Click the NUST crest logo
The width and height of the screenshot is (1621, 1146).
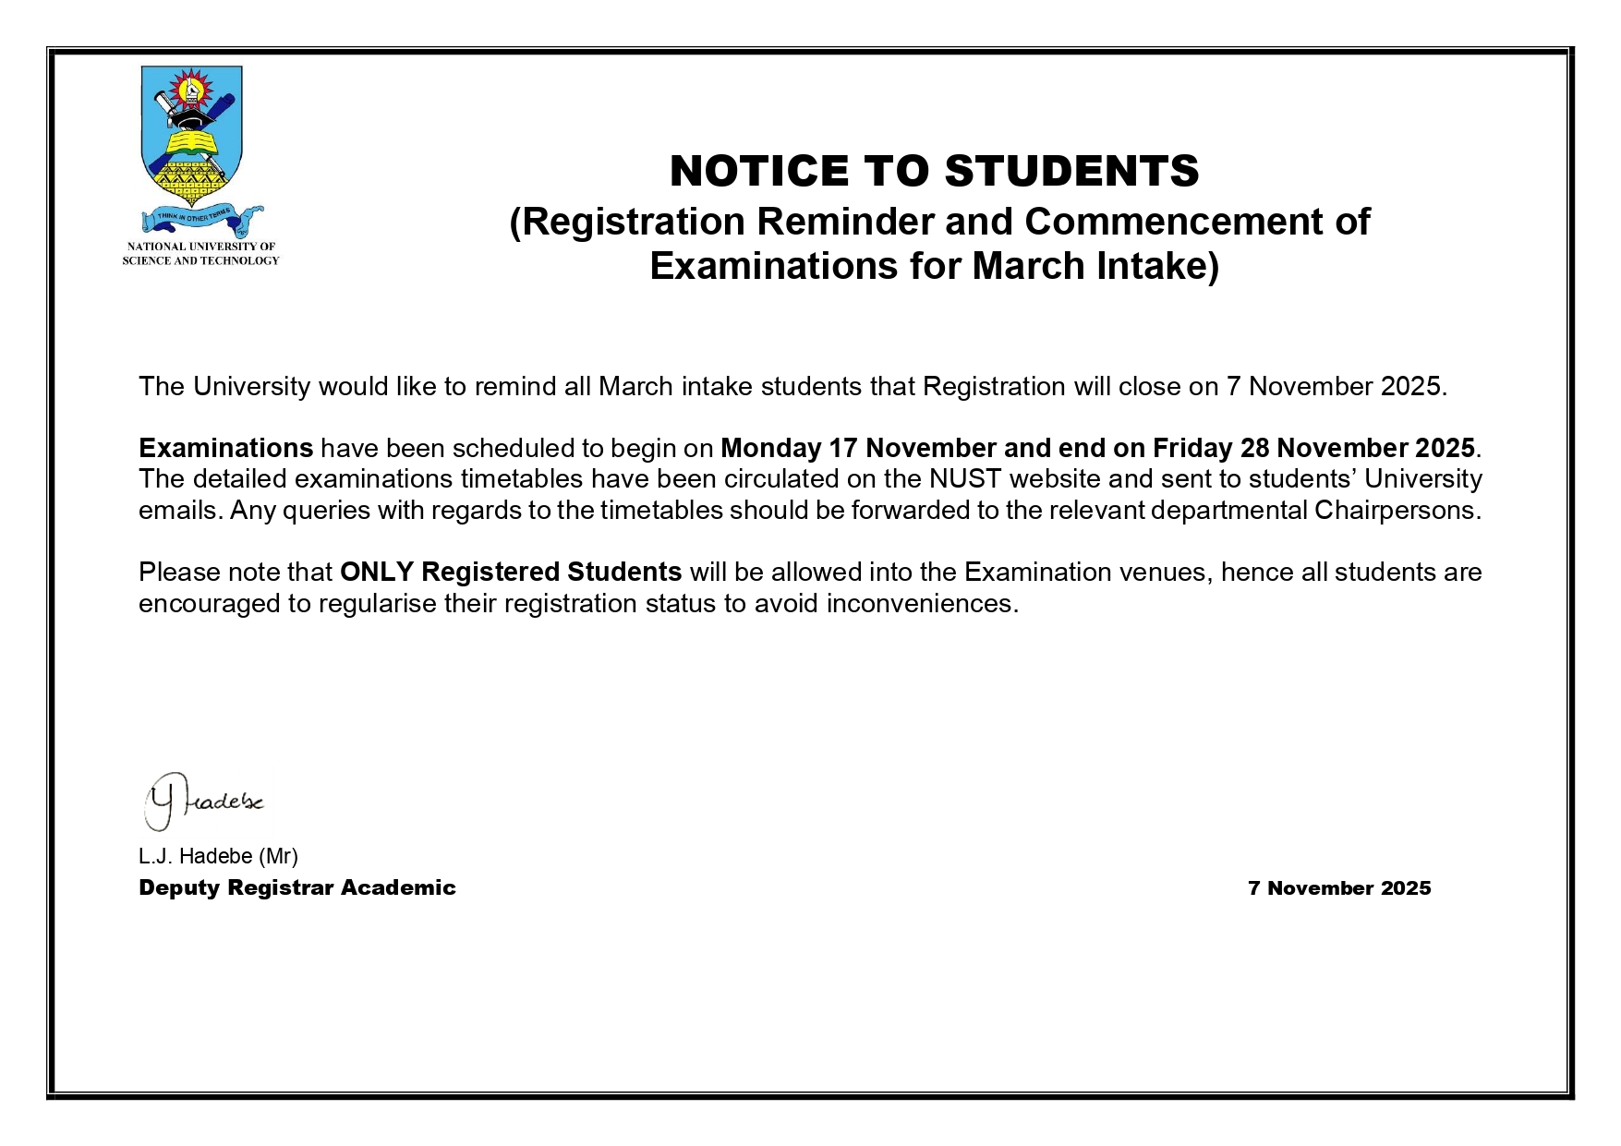pyautogui.click(x=191, y=129)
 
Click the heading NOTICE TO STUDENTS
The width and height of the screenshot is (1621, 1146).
pyautogui.click(x=934, y=171)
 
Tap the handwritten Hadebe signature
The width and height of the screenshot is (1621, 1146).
pyautogui.click(x=204, y=801)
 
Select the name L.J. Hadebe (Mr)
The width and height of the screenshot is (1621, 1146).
pyautogui.click(x=218, y=856)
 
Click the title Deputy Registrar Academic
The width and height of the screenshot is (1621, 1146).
pyautogui.click(x=296, y=887)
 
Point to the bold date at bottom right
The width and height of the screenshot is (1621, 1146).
pyautogui.click(x=1338, y=888)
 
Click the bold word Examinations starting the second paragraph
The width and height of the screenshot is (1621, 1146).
pyautogui.click(x=225, y=448)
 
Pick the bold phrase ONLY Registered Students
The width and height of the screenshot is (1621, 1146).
pyautogui.click(x=511, y=572)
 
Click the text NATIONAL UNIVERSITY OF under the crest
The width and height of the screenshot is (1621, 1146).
pyautogui.click(x=200, y=247)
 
